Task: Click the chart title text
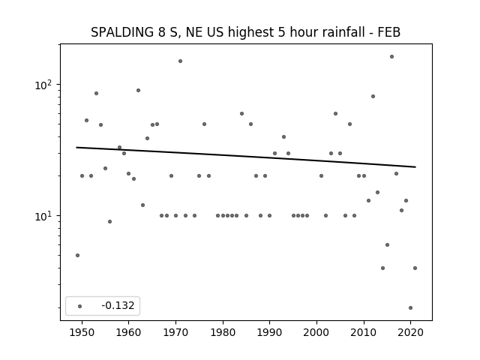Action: point(245,32)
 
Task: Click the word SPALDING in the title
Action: point(122,32)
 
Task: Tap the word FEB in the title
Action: point(388,32)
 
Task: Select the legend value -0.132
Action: point(118,305)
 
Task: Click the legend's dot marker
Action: point(80,306)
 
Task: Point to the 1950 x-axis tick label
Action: point(82,332)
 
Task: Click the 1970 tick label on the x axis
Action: point(175,332)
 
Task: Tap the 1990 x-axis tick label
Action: point(270,332)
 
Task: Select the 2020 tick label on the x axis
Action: point(410,332)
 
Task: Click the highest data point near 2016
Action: point(391,57)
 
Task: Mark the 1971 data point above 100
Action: point(180,61)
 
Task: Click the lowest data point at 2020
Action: point(410,308)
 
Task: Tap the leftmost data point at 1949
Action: point(77,255)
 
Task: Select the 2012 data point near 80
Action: point(373,97)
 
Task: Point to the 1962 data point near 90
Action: point(138,90)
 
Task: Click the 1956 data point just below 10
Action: point(110,222)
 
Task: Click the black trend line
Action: point(246,157)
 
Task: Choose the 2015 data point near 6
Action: point(387,245)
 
